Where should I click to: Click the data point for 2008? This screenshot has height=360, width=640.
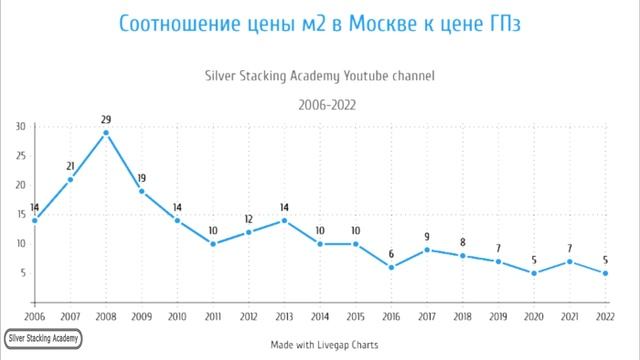[x=105, y=132]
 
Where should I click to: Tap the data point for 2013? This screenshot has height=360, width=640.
[x=283, y=220]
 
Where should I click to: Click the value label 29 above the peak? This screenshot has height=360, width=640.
[x=105, y=120]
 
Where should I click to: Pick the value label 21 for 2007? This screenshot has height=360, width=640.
[x=70, y=167]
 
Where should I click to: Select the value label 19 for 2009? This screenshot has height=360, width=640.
[x=141, y=179]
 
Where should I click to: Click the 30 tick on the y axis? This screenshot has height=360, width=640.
[x=21, y=126]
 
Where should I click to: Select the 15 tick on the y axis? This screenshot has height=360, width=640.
[x=21, y=214]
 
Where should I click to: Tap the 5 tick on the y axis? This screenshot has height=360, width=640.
[x=23, y=273]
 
